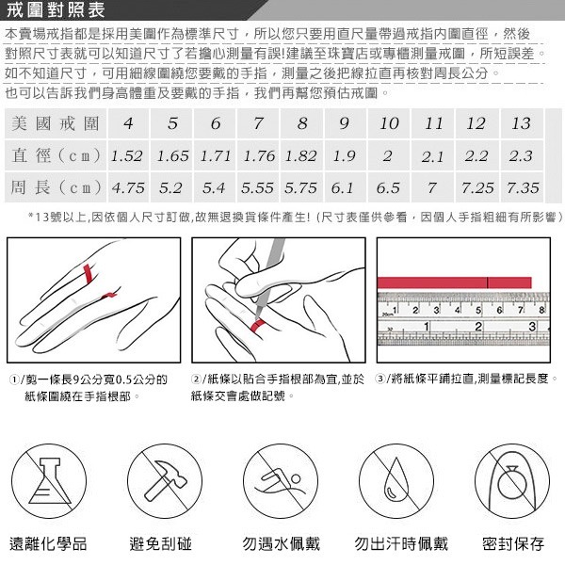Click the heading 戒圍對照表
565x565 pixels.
55,11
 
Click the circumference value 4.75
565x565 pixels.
127,188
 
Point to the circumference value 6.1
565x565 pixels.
344,188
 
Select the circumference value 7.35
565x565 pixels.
523,188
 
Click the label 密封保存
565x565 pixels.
513,543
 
